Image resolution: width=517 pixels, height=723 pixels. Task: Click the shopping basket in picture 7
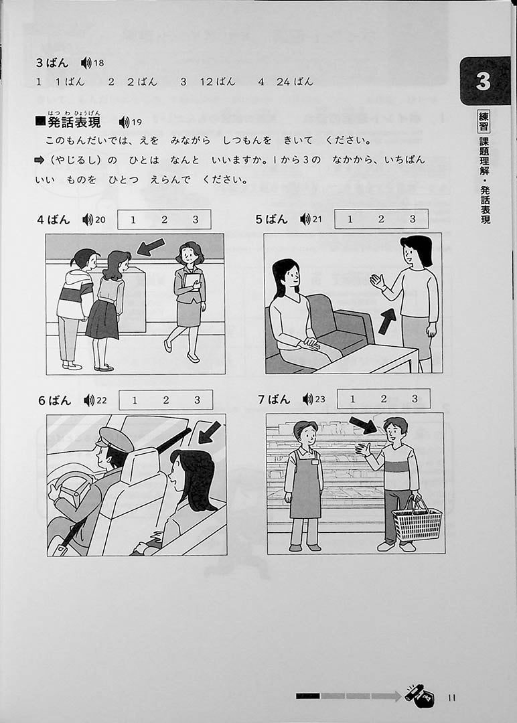tap(417, 520)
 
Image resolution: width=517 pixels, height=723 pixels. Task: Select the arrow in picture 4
tap(151, 246)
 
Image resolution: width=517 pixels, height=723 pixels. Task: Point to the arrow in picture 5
tap(387, 321)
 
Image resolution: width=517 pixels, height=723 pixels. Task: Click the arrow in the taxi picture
tap(210, 432)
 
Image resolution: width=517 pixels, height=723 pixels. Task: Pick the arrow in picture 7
tap(363, 425)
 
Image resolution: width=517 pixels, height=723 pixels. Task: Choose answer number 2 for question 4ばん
tap(164, 220)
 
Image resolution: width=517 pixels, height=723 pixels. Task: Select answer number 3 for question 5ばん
tap(413, 218)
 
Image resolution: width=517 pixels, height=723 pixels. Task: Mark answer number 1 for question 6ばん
tap(135, 400)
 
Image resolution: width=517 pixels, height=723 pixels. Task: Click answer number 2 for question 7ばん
tap(383, 399)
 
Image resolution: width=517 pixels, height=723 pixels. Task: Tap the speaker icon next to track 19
tap(124, 123)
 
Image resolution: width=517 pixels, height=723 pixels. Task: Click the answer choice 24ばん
tap(295, 82)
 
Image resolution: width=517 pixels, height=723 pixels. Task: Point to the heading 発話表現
tap(74, 123)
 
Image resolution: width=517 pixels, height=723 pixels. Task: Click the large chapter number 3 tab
tap(484, 81)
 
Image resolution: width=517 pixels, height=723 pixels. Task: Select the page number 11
tap(451, 698)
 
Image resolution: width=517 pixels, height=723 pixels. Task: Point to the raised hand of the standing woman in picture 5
tap(378, 281)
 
